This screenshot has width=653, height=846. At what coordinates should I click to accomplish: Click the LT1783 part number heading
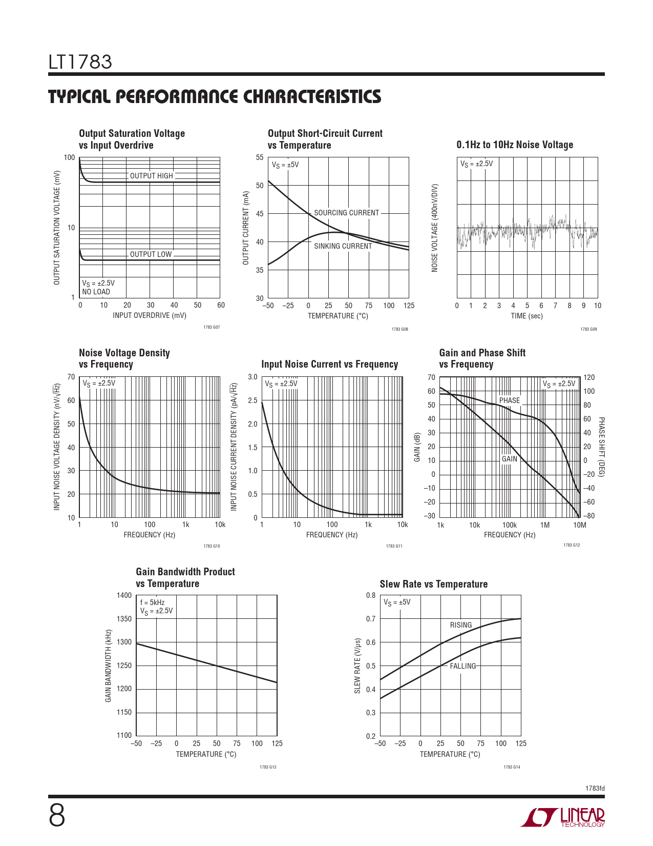80,62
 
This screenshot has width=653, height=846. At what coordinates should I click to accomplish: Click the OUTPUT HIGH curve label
152,176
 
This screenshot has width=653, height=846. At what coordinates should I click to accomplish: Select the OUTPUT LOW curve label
151,254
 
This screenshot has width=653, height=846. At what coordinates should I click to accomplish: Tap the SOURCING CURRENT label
346,213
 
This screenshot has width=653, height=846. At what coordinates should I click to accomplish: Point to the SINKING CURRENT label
343,246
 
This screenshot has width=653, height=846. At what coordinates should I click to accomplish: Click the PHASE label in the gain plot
509,400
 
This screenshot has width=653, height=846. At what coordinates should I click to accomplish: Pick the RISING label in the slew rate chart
461,625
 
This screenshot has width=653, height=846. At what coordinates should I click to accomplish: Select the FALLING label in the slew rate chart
462,666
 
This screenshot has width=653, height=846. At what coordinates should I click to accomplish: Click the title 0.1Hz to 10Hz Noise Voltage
515,145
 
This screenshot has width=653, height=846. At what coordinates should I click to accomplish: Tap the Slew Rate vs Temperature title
433,584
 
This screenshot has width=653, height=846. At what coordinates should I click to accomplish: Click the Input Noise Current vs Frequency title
329,364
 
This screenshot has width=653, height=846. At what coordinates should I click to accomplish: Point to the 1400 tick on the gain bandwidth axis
124,595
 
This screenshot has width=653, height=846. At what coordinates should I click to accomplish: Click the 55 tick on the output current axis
260,157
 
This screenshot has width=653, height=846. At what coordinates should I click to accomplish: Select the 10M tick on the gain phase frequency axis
579,525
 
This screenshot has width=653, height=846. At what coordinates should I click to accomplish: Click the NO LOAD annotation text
96,292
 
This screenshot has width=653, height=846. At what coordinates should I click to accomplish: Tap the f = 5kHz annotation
152,602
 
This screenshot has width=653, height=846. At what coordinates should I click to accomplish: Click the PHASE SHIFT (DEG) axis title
602,447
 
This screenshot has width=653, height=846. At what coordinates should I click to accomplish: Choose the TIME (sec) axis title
526,316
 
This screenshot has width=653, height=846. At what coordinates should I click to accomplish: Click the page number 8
57,816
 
